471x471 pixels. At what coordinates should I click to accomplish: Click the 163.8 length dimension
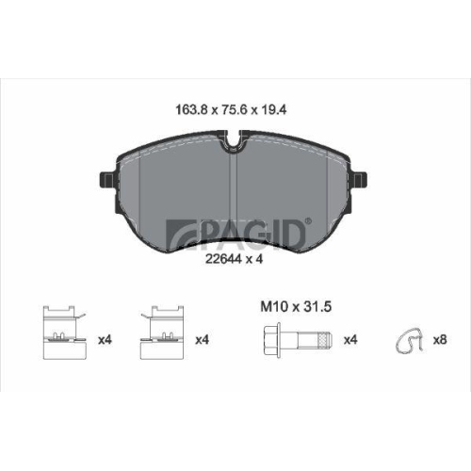[191, 110]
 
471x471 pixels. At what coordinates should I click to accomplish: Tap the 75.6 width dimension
[233, 110]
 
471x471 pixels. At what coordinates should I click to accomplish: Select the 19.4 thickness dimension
[272, 110]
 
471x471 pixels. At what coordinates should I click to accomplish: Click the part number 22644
[223, 259]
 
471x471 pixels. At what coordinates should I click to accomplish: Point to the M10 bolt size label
[274, 307]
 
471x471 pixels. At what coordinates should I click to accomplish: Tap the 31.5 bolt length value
[317, 307]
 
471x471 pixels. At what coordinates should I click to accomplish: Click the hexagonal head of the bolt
[271, 340]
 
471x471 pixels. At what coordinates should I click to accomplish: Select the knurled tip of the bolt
[325, 340]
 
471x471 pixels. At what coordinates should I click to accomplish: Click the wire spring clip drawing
[409, 340]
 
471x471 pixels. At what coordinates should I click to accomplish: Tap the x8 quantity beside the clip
[440, 340]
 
